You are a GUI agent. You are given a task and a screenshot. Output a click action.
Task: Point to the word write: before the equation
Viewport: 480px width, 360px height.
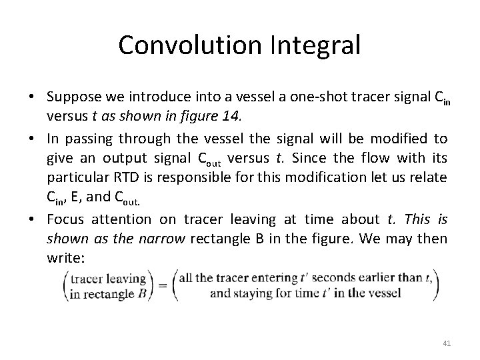click(63, 257)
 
